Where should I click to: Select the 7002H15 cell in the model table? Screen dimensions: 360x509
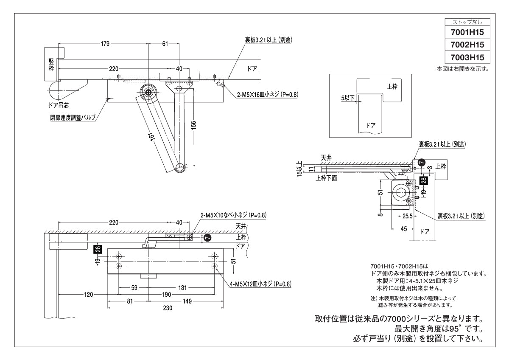[467, 45]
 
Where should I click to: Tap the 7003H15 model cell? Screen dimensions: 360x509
[467, 57]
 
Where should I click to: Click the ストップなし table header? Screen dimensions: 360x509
[467, 22]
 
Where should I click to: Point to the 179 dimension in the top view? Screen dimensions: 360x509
[105, 44]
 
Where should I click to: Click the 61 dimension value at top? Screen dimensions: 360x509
[165, 44]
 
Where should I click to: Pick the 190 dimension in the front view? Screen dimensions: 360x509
[166, 294]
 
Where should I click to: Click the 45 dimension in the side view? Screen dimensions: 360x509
[403, 229]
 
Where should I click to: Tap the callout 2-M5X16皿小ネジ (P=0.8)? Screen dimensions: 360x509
[267, 95]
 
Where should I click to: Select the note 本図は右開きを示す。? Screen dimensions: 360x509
[463, 68]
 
